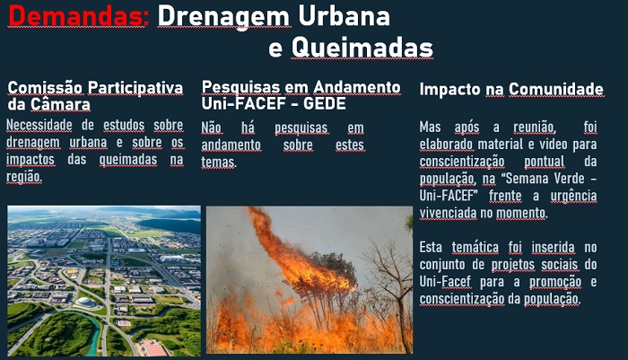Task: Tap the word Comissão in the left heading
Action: (45, 88)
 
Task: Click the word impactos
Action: (31, 159)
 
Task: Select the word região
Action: (23, 176)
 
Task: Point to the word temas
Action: (218, 162)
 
